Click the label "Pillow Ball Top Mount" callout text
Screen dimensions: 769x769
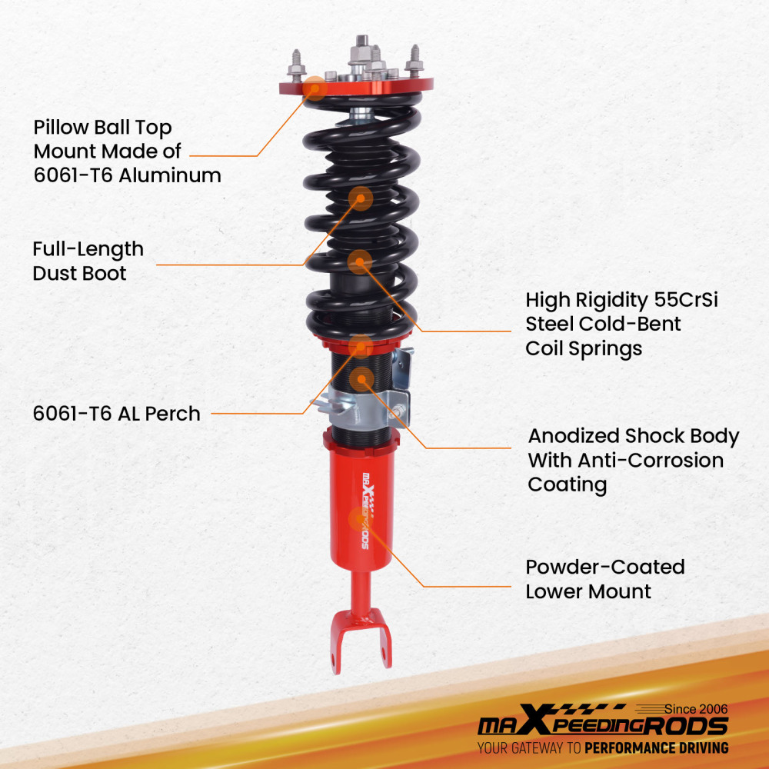pos(127,151)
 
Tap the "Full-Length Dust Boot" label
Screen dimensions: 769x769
pos(88,261)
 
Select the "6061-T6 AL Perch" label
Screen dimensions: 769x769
pos(117,414)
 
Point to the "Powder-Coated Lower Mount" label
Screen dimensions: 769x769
pos(605,579)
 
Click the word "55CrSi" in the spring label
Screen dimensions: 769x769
pos(686,300)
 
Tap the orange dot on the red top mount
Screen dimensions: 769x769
pos(315,88)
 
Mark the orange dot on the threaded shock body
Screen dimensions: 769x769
pos(362,379)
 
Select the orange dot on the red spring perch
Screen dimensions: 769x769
pos(361,347)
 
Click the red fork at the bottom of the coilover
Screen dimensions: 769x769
pos(361,641)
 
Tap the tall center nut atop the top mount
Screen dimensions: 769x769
pos(362,52)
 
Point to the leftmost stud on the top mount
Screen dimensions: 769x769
pos(296,66)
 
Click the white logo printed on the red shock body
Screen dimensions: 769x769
pos(366,511)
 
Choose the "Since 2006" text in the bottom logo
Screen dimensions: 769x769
pos(696,709)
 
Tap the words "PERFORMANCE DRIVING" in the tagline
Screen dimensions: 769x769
pos(657,748)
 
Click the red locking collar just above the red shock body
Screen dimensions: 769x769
pos(359,441)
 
